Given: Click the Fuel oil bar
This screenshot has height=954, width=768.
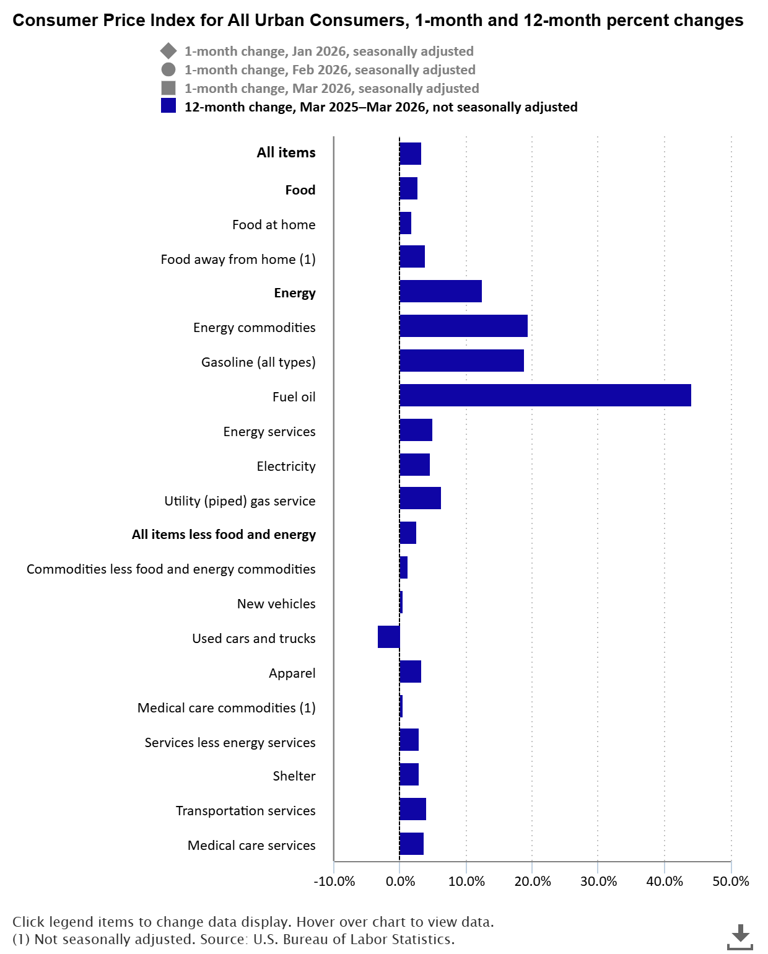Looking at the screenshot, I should tap(545, 395).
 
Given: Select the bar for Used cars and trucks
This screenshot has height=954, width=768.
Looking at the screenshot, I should tap(389, 637).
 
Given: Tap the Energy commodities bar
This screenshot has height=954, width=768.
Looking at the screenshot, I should tap(463, 326).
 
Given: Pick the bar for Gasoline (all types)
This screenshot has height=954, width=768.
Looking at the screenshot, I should tap(461, 361).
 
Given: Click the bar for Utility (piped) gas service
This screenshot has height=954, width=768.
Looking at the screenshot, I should tap(420, 498).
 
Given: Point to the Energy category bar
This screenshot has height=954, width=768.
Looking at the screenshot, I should tap(440, 291).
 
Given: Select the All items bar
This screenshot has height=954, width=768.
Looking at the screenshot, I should tap(410, 154).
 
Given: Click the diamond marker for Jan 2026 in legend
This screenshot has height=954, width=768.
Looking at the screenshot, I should tap(168, 51).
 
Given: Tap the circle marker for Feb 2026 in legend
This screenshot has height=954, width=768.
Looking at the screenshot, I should tap(168, 70).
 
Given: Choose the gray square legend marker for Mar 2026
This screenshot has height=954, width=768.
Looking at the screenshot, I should tap(168, 88).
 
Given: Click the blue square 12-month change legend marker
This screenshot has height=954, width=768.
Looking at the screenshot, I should tap(168, 106).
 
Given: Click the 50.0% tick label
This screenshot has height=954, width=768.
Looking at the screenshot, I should tap(731, 882).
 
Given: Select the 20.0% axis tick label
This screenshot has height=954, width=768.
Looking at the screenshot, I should tap(532, 882).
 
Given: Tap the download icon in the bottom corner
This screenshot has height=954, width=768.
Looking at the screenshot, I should tap(740, 936).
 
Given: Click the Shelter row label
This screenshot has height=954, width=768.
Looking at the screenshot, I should tap(294, 776).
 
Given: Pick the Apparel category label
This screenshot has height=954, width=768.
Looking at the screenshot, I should tap(292, 673).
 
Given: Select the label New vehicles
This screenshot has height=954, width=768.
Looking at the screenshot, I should tap(276, 604).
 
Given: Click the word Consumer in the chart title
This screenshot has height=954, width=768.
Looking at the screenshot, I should tap(48, 20).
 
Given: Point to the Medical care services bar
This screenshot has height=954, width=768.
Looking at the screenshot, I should tap(411, 844).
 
